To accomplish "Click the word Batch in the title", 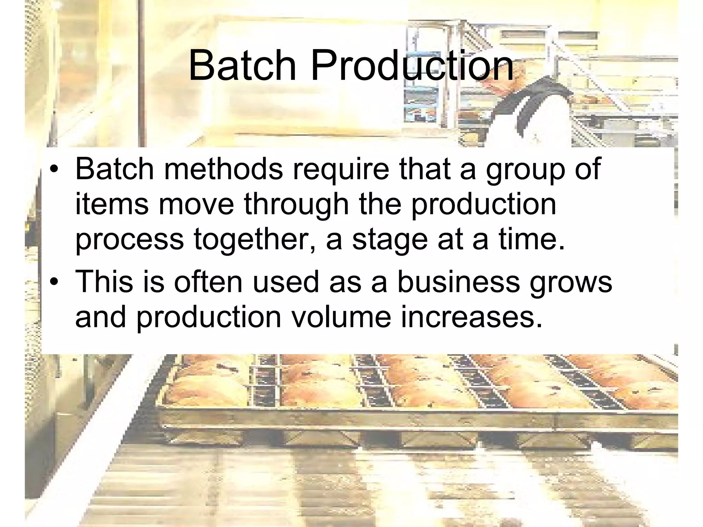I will (x=242, y=65).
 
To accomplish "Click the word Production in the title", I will (x=412, y=65).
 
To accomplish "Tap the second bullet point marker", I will (x=54, y=282).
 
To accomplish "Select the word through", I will (x=297, y=205).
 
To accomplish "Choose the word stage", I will (x=390, y=241).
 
